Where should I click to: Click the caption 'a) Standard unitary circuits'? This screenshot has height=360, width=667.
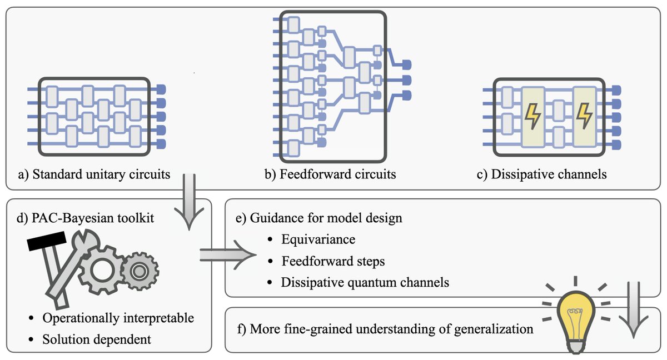[94, 174]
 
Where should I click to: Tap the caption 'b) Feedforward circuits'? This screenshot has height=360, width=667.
[331, 174]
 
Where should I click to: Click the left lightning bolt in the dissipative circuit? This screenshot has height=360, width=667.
[532, 116]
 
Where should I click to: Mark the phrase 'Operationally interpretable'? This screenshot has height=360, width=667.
[118, 318]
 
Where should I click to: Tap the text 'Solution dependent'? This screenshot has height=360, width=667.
[96, 339]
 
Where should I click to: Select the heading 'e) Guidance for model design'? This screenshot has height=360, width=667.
[319, 217]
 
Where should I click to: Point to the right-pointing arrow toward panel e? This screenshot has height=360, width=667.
[227, 254]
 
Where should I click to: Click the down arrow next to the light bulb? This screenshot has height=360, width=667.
[633, 311]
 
